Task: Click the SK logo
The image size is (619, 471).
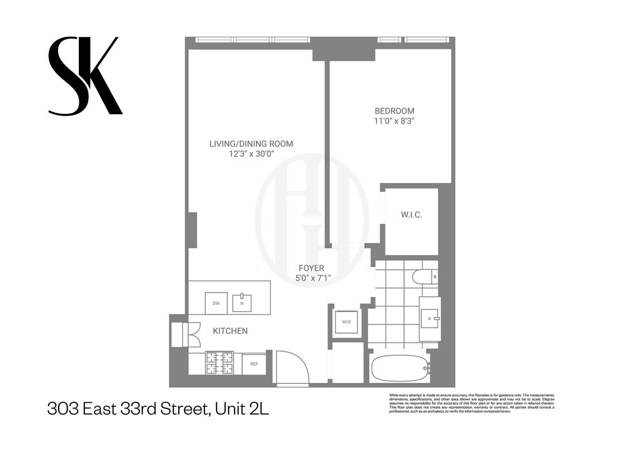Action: [x=85, y=76]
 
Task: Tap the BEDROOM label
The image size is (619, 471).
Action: [x=394, y=111]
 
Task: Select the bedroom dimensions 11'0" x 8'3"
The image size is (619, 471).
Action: [x=394, y=121]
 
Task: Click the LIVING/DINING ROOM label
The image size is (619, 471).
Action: [x=251, y=144]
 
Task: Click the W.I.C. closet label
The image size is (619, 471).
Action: [x=411, y=215]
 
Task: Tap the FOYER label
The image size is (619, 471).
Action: [x=311, y=268]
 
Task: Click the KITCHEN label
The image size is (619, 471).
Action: [x=230, y=331]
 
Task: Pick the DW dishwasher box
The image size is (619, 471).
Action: [x=216, y=303]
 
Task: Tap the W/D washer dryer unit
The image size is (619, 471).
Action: [x=346, y=321]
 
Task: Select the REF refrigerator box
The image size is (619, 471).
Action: [x=254, y=364]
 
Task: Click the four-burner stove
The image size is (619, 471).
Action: [x=220, y=363]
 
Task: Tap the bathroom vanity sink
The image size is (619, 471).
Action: [x=430, y=318]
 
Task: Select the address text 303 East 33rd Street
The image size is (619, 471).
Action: [x=158, y=409]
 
